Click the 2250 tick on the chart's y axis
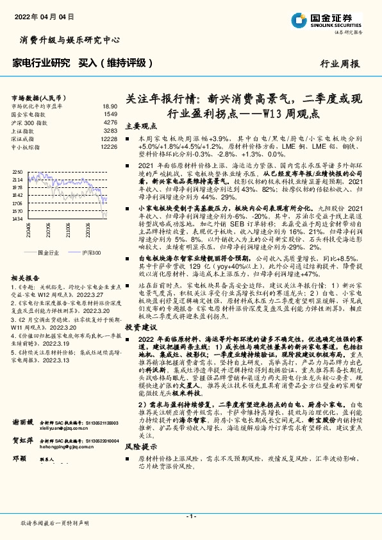point(17,173)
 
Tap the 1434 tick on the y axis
point(17,219)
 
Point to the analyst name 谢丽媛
point(23,441)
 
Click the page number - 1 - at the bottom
point(190,516)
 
